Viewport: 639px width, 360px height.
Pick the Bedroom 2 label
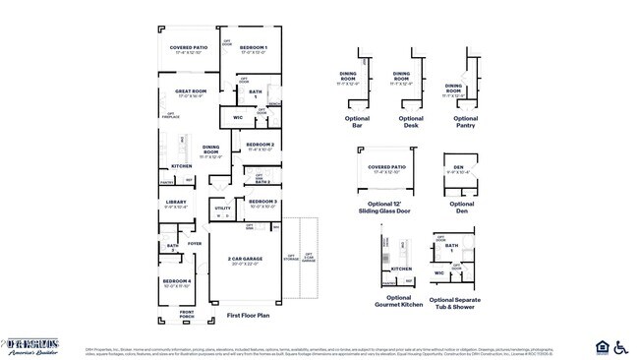click(x=259, y=145)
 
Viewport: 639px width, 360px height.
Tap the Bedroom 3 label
click(x=262, y=202)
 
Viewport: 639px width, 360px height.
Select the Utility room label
click(x=222, y=209)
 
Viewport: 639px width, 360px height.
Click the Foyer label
click(x=195, y=243)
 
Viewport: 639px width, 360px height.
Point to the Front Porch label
click(x=187, y=314)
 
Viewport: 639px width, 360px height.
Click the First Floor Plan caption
click(x=248, y=316)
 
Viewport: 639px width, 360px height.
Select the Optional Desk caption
click(x=411, y=122)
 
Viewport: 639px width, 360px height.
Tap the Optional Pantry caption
click(x=466, y=122)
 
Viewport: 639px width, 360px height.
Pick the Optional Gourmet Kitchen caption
click(x=398, y=301)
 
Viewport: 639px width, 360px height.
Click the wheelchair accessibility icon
click(x=620, y=347)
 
